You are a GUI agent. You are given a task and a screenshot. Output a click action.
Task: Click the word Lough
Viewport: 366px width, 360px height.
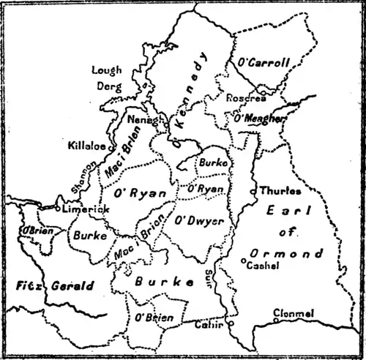106,70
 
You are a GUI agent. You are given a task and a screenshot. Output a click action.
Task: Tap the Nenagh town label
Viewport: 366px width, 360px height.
143,119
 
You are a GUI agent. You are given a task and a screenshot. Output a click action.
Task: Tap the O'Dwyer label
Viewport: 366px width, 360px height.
198,220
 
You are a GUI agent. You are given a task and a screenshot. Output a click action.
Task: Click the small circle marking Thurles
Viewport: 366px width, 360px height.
253,192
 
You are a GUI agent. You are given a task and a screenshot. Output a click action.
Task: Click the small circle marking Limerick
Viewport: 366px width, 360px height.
58,210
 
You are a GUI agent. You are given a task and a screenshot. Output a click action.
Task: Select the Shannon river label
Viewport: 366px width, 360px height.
83,178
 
